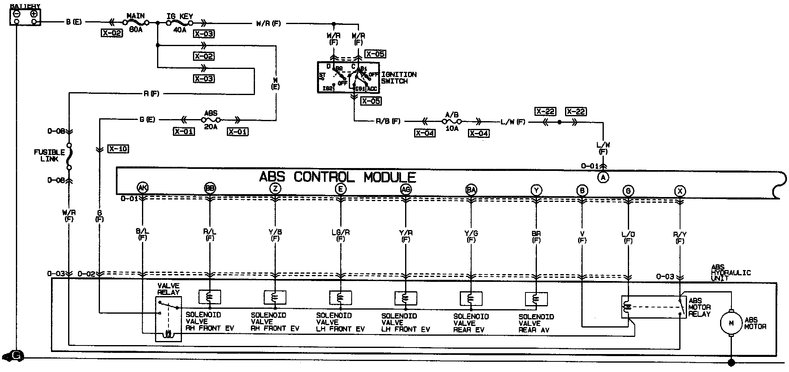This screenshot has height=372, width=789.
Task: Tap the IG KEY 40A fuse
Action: [x=180, y=23]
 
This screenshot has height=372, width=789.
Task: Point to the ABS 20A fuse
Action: [x=211, y=120]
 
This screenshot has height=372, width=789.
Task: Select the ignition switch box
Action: [x=348, y=77]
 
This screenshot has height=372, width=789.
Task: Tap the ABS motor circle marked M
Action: [x=731, y=323]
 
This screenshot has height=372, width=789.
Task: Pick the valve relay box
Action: [x=168, y=319]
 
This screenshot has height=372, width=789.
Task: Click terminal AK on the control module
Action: [x=143, y=188]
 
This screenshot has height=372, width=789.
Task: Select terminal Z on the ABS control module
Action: [x=275, y=188]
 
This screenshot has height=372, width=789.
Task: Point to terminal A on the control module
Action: [x=603, y=177]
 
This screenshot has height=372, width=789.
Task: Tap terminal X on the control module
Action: [x=680, y=190]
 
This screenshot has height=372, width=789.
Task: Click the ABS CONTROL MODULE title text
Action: [x=337, y=177]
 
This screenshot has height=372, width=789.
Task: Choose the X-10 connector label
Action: [x=118, y=149]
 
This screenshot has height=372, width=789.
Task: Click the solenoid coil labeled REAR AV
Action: [x=536, y=299]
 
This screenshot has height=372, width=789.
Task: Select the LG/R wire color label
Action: [x=340, y=232]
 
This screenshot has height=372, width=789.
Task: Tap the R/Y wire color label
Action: [x=680, y=235]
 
